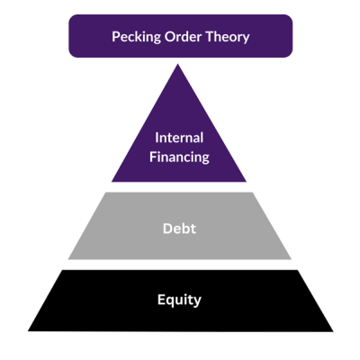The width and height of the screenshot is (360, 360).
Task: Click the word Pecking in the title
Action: click(x=135, y=37)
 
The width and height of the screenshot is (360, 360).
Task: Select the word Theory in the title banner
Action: click(x=226, y=37)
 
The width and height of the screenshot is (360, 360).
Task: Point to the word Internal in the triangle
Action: click(x=180, y=139)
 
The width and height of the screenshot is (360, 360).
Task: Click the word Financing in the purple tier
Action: click(x=180, y=157)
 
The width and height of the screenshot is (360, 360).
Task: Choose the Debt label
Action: click(x=180, y=229)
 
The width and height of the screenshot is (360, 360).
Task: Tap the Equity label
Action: click(x=180, y=300)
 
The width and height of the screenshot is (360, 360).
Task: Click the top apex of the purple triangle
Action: click(x=180, y=65)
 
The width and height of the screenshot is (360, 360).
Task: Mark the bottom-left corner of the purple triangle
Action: click(x=112, y=182)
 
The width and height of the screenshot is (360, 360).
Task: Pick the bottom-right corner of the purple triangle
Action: click(x=247, y=182)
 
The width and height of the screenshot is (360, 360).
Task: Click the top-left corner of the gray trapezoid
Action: click(x=106, y=193)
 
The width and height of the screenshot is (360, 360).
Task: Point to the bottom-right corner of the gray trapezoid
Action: click(x=292, y=259)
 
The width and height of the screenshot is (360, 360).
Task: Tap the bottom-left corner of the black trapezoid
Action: click(x=27, y=330)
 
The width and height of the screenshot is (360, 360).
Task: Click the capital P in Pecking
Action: click(x=116, y=37)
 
